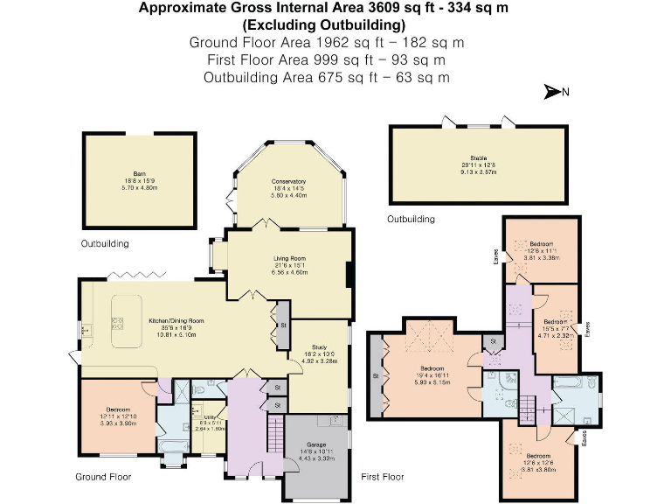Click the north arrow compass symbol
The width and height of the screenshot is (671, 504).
555,91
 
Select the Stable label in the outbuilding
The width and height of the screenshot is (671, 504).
478,157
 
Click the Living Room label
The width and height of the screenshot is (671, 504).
287,258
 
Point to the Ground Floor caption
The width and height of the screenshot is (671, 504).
102,477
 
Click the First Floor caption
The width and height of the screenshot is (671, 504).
383,477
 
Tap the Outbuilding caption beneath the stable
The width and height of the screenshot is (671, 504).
411,219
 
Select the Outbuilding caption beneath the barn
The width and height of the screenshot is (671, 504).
105,243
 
